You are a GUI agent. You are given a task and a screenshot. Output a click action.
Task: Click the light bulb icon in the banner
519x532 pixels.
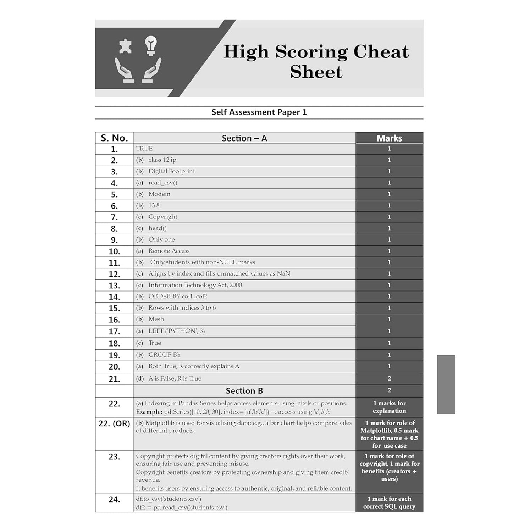point(151,45)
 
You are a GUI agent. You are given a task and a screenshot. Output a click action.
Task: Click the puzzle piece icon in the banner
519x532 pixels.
point(125,46)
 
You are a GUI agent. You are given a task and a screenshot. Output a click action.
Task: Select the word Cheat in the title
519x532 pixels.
point(381,51)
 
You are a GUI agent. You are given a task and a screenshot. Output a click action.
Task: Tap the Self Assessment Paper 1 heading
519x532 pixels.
point(259,112)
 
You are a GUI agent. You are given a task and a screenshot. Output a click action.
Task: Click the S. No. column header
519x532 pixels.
point(114,138)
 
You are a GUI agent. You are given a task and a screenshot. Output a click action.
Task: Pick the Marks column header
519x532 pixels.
point(389,138)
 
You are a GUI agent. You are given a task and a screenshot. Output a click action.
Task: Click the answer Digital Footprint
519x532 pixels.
point(172,171)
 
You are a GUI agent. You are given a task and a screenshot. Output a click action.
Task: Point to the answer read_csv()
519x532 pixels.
point(163,183)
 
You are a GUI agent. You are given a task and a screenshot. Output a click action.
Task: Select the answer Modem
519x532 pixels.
point(159,194)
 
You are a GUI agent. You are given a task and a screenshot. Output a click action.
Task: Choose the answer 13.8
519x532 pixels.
point(154,205)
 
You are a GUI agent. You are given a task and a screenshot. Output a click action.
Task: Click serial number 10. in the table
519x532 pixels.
point(114,251)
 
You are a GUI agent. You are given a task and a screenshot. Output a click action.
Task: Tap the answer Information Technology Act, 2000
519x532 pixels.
point(195,285)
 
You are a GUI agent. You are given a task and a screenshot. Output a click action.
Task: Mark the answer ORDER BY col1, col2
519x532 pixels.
point(178,297)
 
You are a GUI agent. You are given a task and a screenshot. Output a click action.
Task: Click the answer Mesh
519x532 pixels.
point(156,319)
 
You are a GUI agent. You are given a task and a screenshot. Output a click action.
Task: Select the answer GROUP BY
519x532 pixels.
point(165,355)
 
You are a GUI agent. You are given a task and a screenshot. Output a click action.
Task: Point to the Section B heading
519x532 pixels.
point(244,391)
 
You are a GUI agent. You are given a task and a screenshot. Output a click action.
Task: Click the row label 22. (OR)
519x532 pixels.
point(114,423)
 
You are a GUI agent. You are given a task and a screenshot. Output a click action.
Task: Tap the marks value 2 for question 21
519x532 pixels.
point(389,378)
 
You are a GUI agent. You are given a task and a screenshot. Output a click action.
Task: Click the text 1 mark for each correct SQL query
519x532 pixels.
point(389,503)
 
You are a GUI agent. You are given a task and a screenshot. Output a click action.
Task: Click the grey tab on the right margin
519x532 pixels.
point(446,384)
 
